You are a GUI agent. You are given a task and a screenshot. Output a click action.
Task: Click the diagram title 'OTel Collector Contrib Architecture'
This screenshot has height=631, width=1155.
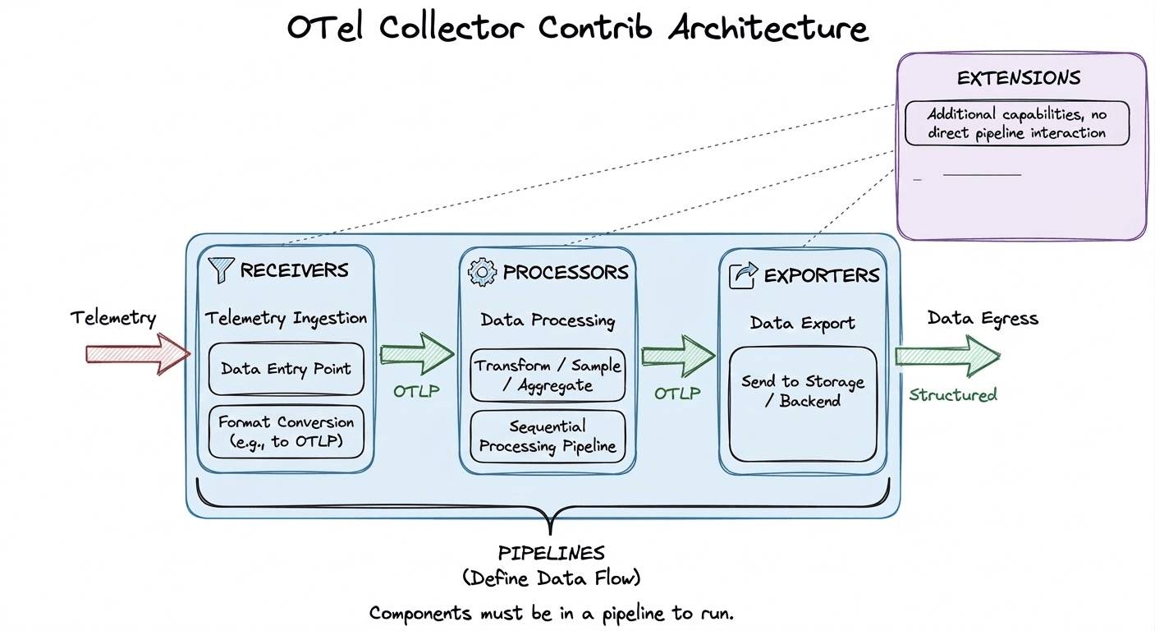pos(577,28)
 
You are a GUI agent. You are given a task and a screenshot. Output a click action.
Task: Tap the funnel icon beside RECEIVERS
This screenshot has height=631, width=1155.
pos(222,269)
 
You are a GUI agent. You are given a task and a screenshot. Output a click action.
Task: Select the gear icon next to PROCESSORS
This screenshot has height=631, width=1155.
pos(482,272)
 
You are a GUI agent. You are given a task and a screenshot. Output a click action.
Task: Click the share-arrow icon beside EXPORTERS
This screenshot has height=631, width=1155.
pos(743,275)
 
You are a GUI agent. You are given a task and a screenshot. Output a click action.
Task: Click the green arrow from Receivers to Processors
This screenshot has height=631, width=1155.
pos(416,354)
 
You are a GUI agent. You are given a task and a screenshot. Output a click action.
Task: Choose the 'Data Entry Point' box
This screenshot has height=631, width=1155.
pos(286,369)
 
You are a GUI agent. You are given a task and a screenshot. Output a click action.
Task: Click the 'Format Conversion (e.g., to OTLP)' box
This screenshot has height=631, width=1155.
pos(286,433)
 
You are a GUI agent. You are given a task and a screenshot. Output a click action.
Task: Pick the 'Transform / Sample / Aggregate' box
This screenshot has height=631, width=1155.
pos(548,375)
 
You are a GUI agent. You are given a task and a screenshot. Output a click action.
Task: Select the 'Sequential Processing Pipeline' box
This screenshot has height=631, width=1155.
pos(548,437)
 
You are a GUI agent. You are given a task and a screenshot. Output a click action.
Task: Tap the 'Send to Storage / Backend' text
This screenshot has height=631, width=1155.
pos(802,392)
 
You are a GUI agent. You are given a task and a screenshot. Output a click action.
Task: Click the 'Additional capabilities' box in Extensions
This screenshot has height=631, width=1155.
pos(1016,123)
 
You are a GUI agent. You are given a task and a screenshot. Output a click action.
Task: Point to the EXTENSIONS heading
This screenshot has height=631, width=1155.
pos(1018,79)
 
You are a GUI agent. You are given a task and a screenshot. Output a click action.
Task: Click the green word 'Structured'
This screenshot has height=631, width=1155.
pos(952,395)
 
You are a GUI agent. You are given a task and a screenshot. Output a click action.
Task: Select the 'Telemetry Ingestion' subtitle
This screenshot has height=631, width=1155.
pos(286,318)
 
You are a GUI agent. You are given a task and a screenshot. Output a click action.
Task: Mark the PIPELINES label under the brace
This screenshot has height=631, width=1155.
pos(551,553)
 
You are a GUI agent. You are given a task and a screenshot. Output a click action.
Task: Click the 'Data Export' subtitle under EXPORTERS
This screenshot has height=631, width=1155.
pos(802,323)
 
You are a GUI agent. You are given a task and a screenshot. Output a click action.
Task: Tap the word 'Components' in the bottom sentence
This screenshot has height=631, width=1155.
pos(419,613)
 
